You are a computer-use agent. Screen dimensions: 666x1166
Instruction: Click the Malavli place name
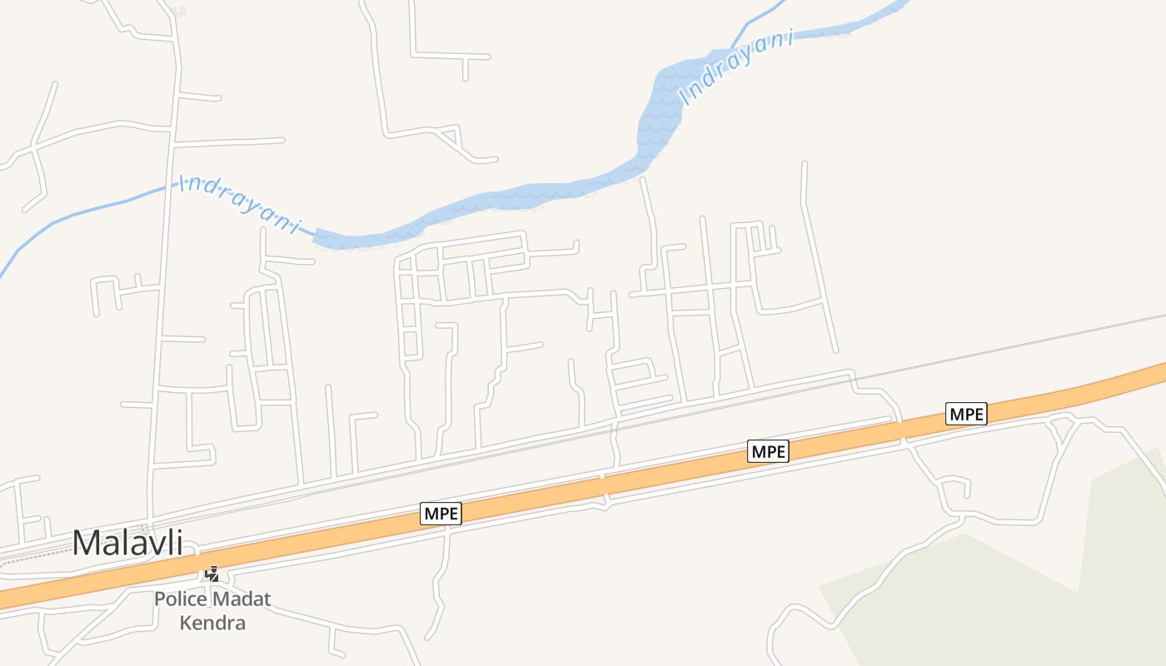pos(127,543)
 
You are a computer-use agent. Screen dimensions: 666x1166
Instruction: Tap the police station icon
pos(213,574)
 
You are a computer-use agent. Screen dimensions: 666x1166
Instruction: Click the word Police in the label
pos(180,599)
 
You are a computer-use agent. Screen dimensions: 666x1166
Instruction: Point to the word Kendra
pos(212,623)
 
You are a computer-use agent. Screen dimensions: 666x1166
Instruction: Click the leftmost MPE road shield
pos(441,514)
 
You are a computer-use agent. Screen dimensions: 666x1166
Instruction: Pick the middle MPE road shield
pos(768,451)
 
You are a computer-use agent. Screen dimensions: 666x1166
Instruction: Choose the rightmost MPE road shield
pos(966,413)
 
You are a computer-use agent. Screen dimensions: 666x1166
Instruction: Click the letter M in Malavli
pos(83,543)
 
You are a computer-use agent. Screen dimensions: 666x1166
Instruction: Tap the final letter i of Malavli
pos(178,543)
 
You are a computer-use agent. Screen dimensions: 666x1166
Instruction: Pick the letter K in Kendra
pos(186,623)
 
